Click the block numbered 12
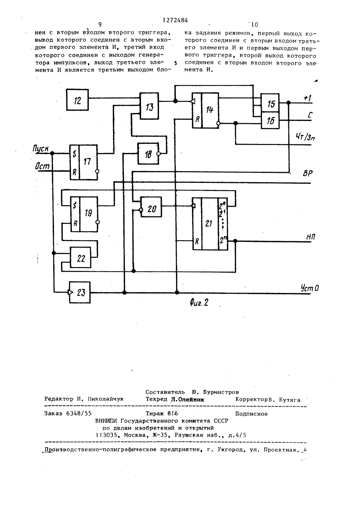pos(77,100)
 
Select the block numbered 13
pos(149,106)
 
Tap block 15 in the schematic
pos(270,103)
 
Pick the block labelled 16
pos(270,121)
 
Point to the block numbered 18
pos(148,154)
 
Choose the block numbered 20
pos(151,207)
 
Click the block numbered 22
pos(81,257)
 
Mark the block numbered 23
pos(80,292)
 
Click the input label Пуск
pos(40,149)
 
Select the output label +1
pos(307,98)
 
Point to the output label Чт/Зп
pos(305,137)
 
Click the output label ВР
pos(308,174)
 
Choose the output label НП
pos(310,237)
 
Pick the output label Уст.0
pos(310,288)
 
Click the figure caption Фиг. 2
pos(199,303)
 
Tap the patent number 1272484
pos(175,21)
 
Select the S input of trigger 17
pos(74,154)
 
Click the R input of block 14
pos(197,119)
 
